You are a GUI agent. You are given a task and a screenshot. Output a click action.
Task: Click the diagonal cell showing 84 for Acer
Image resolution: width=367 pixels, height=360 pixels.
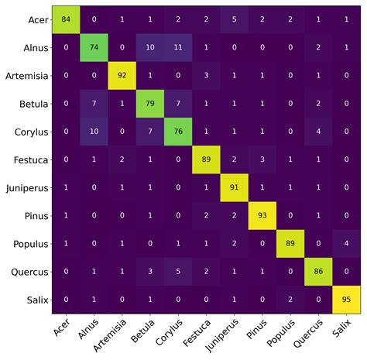point(66,19)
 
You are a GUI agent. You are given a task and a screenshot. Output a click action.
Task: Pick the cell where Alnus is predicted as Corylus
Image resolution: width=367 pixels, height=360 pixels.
point(178,46)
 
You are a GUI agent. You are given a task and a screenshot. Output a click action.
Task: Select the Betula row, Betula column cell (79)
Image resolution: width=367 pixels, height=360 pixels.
point(150,102)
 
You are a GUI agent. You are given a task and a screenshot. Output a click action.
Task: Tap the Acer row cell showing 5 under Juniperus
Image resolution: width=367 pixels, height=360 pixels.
point(235,19)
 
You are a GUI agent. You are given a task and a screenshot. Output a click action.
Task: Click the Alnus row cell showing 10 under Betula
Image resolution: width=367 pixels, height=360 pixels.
point(150,46)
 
